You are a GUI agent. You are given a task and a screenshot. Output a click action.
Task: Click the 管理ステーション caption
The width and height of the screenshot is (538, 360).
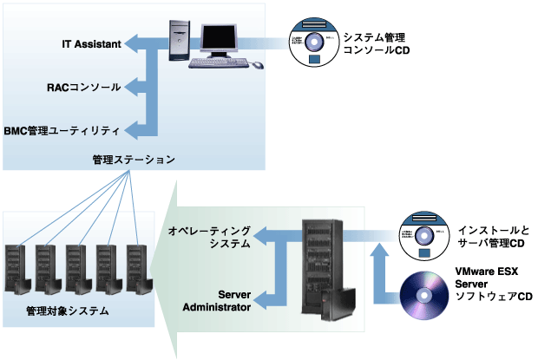tap(134, 160)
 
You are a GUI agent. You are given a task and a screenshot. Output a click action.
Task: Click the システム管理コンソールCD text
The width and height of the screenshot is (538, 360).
tap(374, 44)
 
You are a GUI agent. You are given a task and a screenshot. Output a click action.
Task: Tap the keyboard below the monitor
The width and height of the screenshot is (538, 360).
tap(221, 63)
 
